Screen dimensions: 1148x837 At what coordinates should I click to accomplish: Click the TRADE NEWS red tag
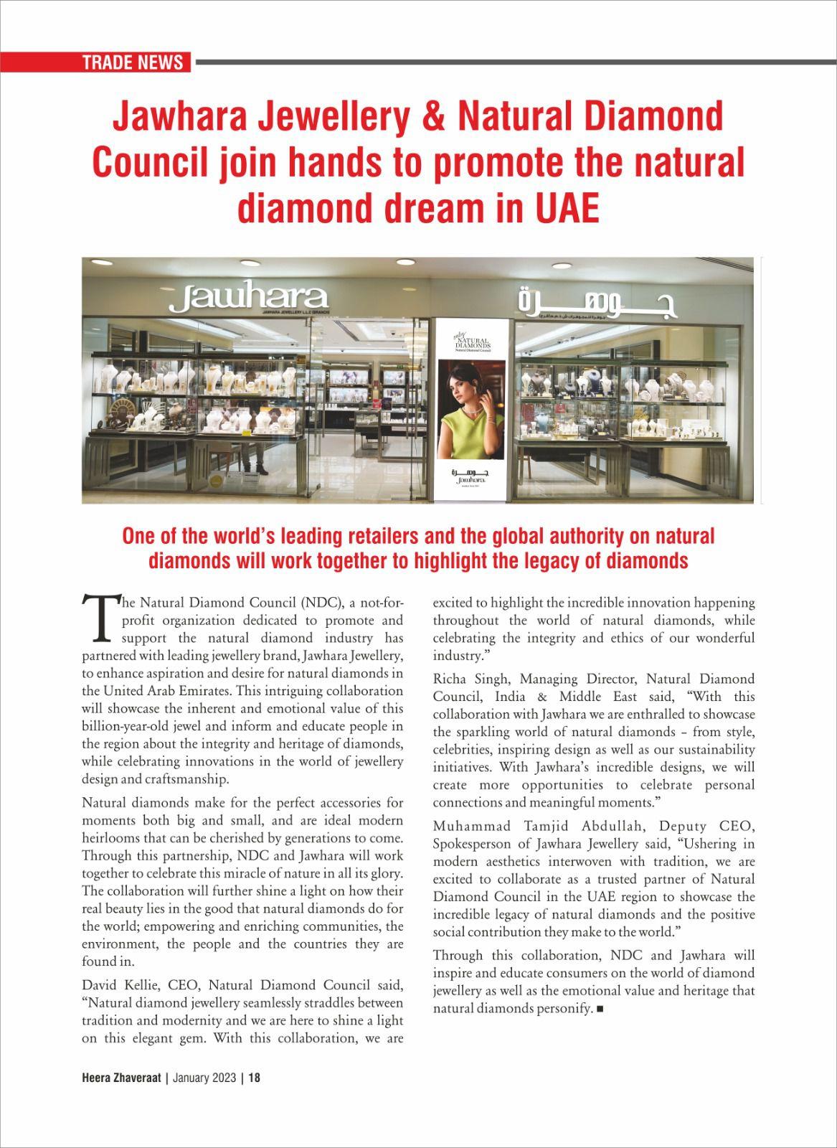point(133,62)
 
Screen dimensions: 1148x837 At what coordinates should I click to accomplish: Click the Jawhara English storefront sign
point(248,297)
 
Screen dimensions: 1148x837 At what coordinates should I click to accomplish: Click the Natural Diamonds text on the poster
point(473,341)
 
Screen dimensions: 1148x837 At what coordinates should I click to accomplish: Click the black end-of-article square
point(600,1009)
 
